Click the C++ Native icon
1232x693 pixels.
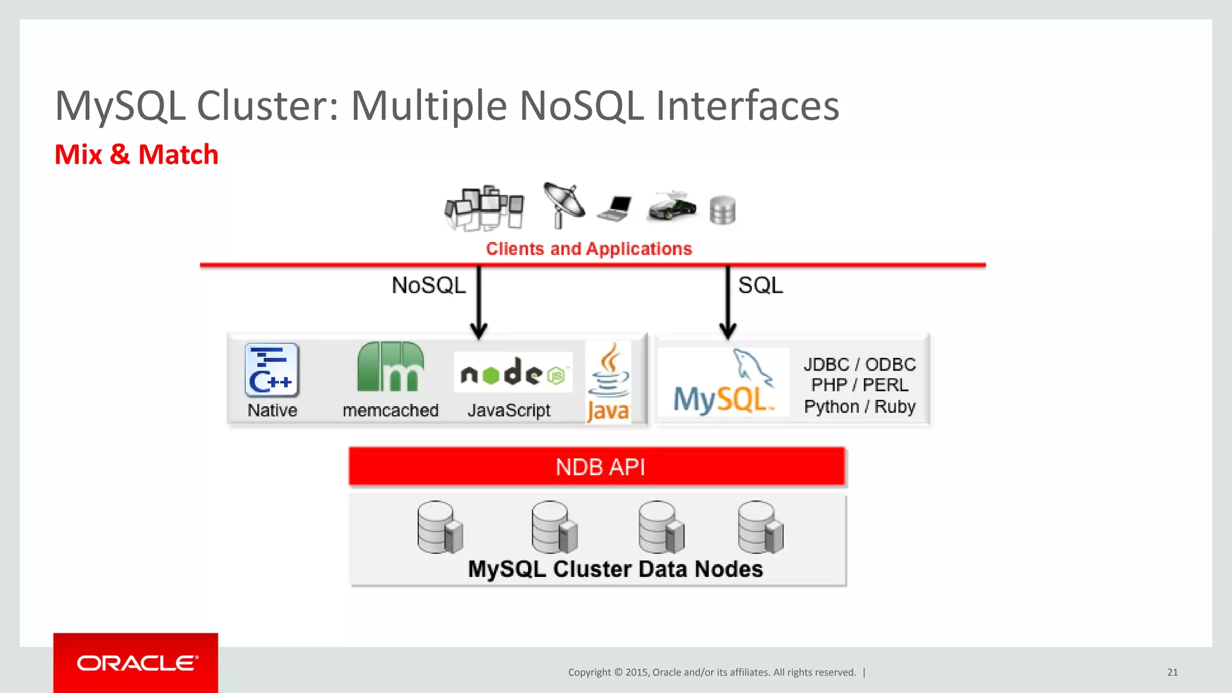coord(272,370)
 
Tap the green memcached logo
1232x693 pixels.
coord(390,366)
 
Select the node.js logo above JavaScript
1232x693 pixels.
coord(513,374)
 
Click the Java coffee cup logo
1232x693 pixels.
coord(609,373)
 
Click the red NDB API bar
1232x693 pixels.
coord(597,467)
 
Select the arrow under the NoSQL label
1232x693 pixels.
coord(479,303)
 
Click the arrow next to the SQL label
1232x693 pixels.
coord(727,303)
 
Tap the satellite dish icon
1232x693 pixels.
coord(562,205)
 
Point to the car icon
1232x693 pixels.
coord(672,207)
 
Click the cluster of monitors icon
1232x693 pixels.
coord(484,208)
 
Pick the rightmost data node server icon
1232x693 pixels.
coord(760,528)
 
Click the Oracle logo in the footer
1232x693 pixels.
coord(137,663)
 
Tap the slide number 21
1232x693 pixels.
coord(1172,673)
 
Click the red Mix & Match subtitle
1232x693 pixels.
coord(137,155)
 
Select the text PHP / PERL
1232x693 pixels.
coord(860,385)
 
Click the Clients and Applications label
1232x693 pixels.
coord(589,249)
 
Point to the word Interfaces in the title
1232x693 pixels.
coord(747,106)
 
